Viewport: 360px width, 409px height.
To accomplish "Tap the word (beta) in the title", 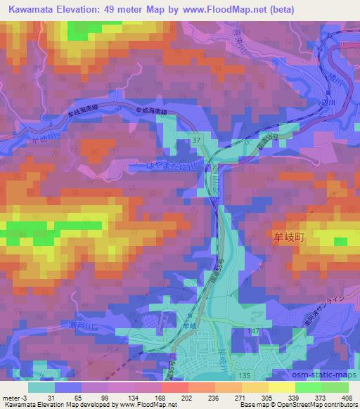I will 279,10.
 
